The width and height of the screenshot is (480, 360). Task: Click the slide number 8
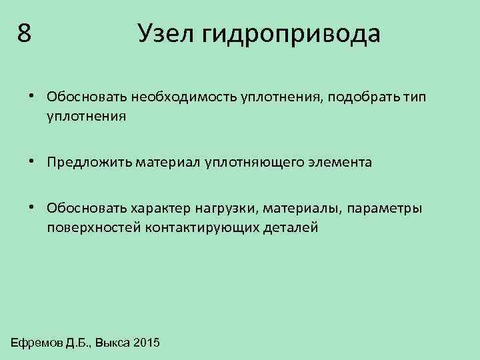click(25, 33)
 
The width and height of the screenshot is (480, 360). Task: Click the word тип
click(413, 98)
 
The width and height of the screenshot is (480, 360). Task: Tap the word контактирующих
click(193, 227)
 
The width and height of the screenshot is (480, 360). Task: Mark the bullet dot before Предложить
click(33, 160)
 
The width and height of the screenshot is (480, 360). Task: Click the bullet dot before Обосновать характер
click(33, 207)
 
